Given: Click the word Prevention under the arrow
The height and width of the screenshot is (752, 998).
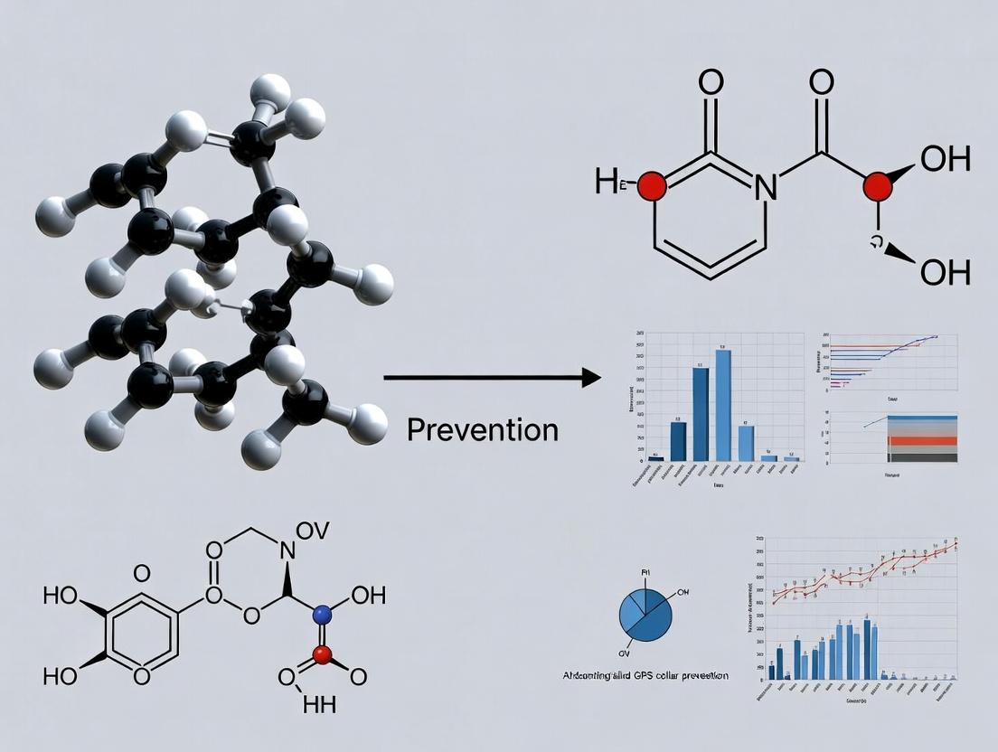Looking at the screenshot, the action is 482,428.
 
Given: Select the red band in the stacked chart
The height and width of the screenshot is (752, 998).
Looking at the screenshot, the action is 922,442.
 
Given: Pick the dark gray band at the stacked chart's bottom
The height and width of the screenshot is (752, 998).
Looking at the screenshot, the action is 922,457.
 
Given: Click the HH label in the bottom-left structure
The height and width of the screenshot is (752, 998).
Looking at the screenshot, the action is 318,706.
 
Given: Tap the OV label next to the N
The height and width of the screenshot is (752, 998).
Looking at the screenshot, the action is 313,532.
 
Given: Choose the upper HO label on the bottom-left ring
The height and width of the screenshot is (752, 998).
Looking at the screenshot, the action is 61,597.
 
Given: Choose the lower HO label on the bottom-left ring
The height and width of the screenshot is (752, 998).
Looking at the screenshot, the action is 61,675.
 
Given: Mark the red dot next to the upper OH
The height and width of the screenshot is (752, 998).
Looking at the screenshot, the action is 876,187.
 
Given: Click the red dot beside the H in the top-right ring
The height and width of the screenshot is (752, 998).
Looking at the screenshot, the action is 653,186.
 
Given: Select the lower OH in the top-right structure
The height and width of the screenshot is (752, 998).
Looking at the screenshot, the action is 945,271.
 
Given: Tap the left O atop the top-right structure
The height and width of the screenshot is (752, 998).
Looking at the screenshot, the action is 711,83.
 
